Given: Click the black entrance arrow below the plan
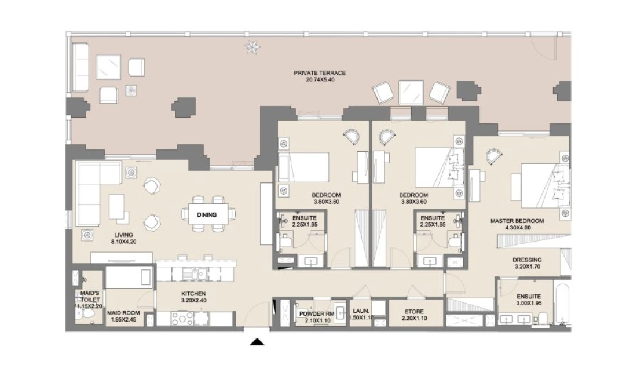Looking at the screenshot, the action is [257, 341].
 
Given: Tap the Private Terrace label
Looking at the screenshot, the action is [320, 73].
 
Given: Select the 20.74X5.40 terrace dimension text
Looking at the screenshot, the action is [320, 80].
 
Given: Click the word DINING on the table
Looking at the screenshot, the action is [207, 214].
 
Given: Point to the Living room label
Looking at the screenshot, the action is [123, 235].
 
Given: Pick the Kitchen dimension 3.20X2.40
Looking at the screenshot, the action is [193, 300].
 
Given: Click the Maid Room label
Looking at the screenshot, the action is [123, 313].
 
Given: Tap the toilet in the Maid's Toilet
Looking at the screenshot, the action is [86, 314].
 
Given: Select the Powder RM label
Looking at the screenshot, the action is [317, 314].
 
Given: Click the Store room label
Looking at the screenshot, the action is [414, 312].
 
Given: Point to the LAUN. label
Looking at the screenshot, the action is [361, 311].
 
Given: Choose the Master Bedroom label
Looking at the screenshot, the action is [517, 221].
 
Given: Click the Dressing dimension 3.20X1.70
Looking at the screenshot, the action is [528, 267].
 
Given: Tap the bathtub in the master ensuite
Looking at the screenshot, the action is [563, 305].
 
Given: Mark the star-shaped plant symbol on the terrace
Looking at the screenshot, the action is [252, 47].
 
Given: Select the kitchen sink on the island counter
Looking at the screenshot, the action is [195, 274].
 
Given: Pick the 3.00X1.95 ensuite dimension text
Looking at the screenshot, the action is [529, 303].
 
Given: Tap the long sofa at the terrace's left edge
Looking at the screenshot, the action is [80, 67].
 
